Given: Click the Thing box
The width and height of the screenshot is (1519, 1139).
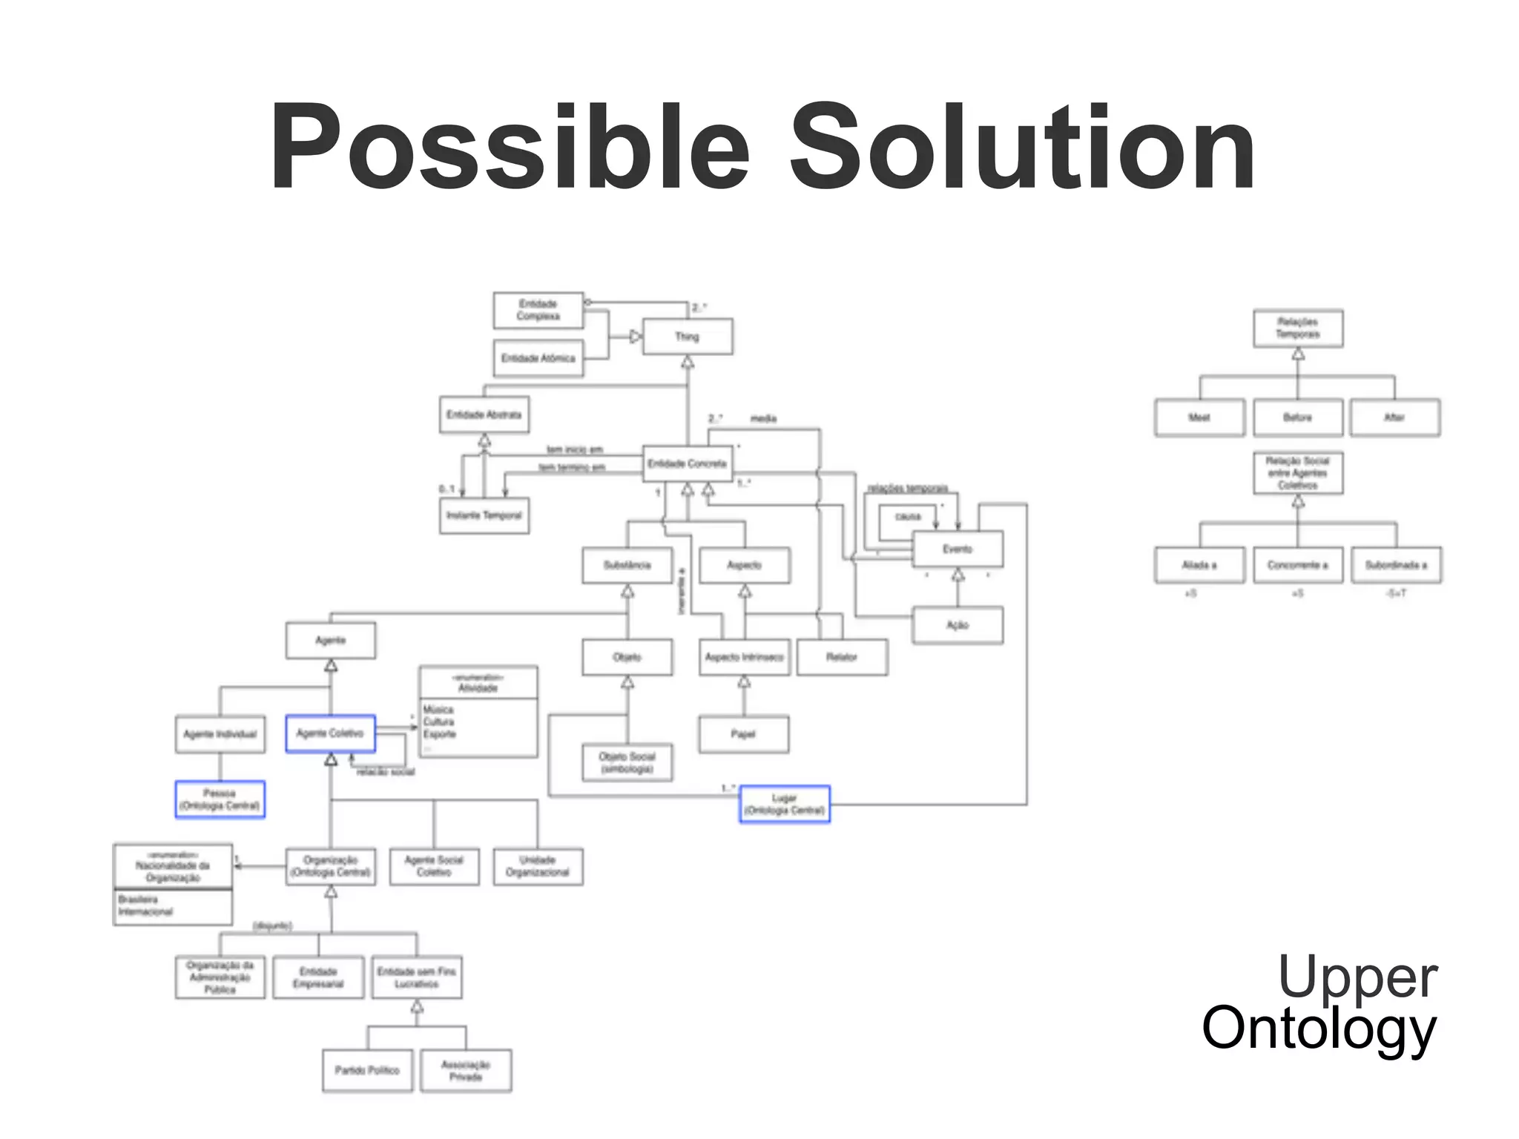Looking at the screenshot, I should click(x=688, y=337).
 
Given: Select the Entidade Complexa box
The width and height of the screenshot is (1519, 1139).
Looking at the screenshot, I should click(x=538, y=310).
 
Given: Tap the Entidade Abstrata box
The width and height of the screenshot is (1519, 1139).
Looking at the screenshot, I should click(x=484, y=415).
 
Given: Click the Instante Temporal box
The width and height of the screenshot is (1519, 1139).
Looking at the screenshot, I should click(x=484, y=515).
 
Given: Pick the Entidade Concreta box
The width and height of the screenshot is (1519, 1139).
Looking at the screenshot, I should click(x=688, y=464).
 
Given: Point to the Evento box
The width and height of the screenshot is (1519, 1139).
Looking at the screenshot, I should click(x=958, y=549).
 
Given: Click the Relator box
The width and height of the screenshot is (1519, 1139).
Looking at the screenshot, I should click(x=842, y=657).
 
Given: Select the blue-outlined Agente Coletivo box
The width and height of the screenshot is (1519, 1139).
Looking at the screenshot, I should click(x=331, y=733).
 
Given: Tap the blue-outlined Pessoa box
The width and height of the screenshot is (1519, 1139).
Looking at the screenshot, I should click(x=220, y=799).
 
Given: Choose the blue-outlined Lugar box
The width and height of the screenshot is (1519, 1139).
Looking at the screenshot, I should click(x=785, y=805).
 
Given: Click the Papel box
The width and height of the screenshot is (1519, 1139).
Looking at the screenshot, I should click(x=743, y=734).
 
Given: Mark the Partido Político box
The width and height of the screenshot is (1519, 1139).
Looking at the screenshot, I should click(x=367, y=1070).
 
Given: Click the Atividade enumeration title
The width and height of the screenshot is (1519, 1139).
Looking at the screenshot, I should click(x=478, y=683).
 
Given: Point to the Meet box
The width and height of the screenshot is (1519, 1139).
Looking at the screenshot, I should click(x=1199, y=417).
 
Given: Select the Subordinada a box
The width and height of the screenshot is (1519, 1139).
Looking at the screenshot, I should click(x=1396, y=565).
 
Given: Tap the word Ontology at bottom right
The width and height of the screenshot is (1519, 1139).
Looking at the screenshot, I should click(x=1319, y=1029).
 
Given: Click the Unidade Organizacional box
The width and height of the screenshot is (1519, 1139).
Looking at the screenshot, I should click(x=538, y=866).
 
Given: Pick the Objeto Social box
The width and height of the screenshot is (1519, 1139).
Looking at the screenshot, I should click(x=627, y=762).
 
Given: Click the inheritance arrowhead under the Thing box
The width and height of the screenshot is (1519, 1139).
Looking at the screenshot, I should click(x=688, y=363).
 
